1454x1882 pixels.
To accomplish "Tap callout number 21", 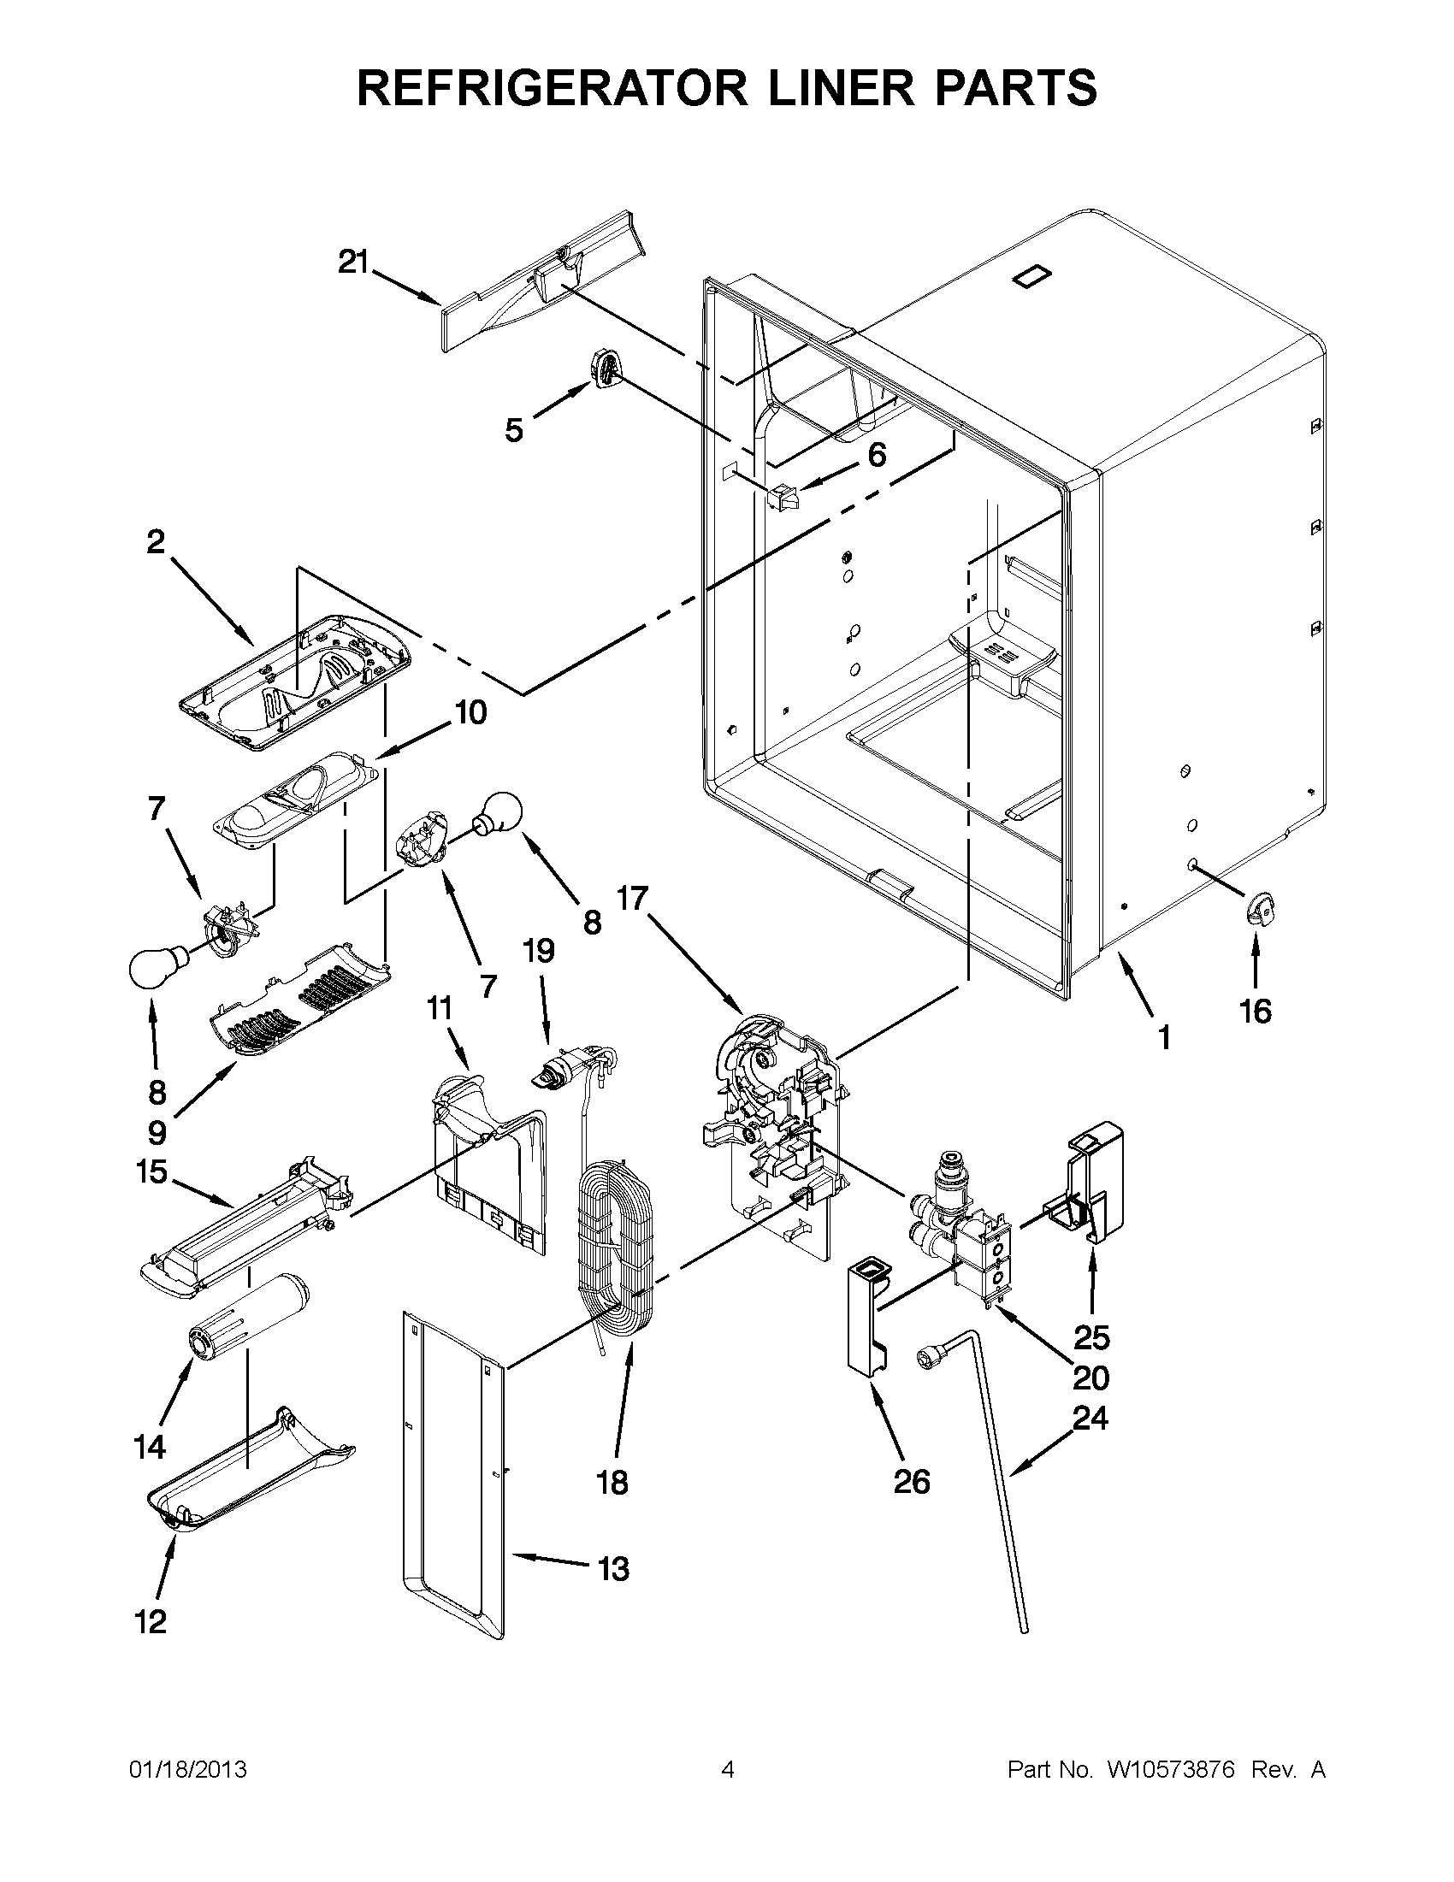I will pyautogui.click(x=352, y=261).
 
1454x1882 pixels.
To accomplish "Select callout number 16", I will pyautogui.click(x=1255, y=1011).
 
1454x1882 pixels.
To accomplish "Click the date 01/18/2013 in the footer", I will pyautogui.click(x=188, y=1770).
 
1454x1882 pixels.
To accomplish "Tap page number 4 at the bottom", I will pyautogui.click(x=728, y=1770).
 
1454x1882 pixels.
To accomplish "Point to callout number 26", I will pyautogui.click(x=912, y=1481).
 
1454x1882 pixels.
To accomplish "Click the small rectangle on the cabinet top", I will pyautogui.click(x=1032, y=275).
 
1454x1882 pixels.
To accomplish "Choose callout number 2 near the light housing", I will pyautogui.click(x=155, y=542).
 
